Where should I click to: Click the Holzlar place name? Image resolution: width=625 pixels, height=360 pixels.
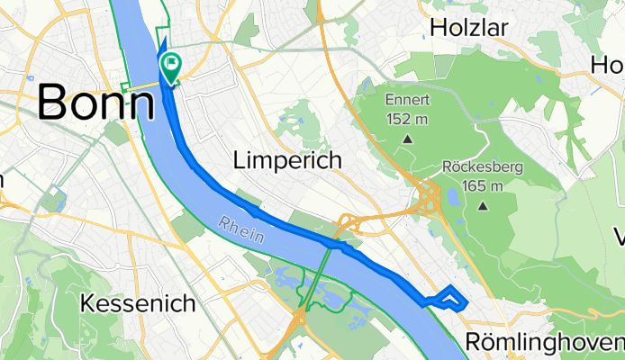tap(469, 28)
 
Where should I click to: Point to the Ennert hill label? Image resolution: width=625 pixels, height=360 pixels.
tap(408, 99)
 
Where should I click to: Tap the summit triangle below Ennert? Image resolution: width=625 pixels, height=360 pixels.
tap(408, 139)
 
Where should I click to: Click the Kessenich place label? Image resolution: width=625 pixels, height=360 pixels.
tap(138, 303)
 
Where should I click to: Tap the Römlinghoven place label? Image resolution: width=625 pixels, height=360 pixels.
tap(546, 342)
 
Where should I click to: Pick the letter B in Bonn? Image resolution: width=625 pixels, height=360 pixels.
tap(55, 103)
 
